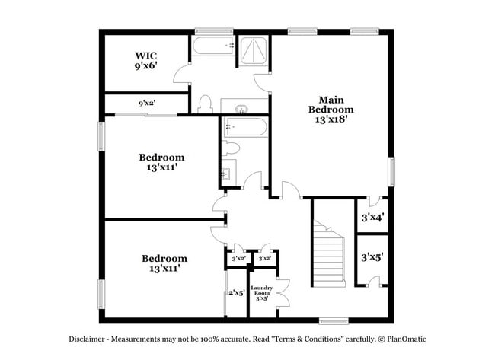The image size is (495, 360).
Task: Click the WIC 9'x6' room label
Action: [x=145, y=61]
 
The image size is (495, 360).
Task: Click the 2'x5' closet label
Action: [x=237, y=292]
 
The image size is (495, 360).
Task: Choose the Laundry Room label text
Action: [x=262, y=292]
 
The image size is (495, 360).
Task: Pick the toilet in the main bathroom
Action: [x=204, y=104]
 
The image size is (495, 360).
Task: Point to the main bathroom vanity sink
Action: [x=241, y=107]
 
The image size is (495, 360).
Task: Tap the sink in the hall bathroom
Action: [x=226, y=174]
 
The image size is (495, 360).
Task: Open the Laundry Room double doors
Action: [x=284, y=292]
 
